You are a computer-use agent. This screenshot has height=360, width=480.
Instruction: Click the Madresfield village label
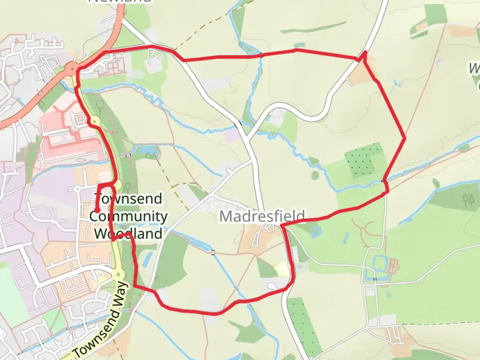pos(262,216)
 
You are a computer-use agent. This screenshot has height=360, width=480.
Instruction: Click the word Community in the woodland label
pos(128,216)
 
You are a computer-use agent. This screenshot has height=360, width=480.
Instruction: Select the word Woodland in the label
pos(128,233)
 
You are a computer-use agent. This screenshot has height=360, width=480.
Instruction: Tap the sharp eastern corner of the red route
pos(405,138)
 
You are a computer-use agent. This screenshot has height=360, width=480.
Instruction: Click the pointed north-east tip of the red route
pos(365,52)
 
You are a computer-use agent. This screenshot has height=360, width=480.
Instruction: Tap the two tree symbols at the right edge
pos(469,200)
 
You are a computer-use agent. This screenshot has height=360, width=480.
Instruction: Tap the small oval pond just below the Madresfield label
pos(315,231)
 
